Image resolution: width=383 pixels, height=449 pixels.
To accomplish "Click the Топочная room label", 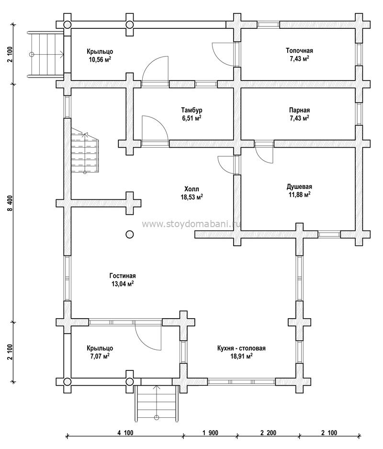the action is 299,51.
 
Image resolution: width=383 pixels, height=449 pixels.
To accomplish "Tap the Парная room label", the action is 299,110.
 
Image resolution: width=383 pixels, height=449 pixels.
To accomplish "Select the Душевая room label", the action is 299,187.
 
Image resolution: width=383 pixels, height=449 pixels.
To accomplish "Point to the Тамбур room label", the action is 191,110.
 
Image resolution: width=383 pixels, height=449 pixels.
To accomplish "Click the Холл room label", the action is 191,189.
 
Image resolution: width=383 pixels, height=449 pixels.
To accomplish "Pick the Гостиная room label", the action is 123,276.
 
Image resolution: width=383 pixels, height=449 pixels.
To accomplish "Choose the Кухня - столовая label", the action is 241,348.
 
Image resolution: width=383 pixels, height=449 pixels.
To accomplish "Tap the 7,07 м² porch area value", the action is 100,356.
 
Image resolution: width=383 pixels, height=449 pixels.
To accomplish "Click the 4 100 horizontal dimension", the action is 125,433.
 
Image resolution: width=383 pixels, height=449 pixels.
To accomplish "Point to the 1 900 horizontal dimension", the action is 210,433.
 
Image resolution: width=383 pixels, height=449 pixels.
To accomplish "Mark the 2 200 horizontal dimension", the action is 268,433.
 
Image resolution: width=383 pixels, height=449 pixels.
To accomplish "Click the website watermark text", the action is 191,224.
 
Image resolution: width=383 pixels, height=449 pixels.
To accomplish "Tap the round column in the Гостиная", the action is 130,234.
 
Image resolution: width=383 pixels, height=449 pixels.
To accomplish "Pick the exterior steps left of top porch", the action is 45,54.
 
